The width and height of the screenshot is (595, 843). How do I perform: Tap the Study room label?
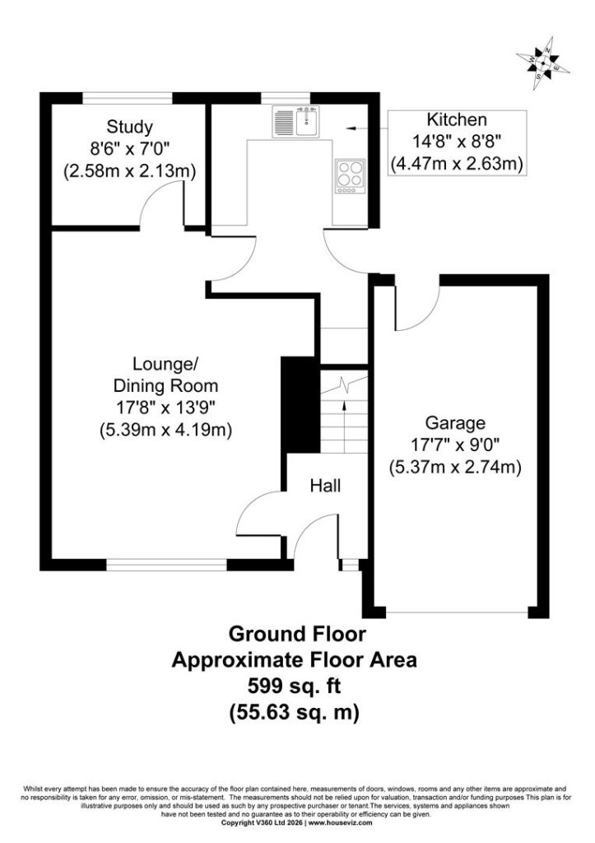(x=129, y=127)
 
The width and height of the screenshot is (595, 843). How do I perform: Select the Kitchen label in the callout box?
(x=457, y=119)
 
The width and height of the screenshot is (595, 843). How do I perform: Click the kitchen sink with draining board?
(x=295, y=120)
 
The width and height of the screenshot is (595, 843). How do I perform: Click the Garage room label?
(x=455, y=423)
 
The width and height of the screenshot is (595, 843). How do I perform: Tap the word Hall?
(x=325, y=486)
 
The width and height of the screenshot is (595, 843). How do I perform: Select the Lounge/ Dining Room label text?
(x=165, y=375)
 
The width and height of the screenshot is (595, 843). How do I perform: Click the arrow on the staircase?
(x=344, y=426)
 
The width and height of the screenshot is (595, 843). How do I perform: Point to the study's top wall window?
(x=128, y=97)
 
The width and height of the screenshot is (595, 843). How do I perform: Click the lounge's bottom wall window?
(x=166, y=565)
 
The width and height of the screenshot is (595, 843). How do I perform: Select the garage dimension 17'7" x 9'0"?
(x=455, y=445)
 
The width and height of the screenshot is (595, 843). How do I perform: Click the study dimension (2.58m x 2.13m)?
(x=129, y=171)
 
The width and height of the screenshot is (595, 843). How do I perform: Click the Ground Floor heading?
(x=297, y=634)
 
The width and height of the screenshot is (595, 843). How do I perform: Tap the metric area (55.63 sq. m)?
(x=294, y=713)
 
